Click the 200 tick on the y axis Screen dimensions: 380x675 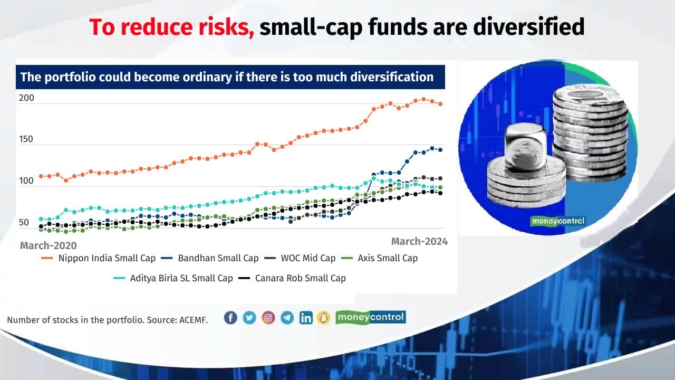26,98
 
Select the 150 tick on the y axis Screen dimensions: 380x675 26,139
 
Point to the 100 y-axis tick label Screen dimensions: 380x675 26,180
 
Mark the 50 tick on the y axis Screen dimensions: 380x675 24,223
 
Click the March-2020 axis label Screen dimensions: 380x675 48,245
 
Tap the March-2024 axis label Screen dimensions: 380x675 419,241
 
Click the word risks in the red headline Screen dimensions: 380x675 222,27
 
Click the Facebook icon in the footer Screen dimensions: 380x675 230,318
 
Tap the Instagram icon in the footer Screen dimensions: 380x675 268,318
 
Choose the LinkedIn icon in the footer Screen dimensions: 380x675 306,318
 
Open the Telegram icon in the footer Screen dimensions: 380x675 287,318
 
